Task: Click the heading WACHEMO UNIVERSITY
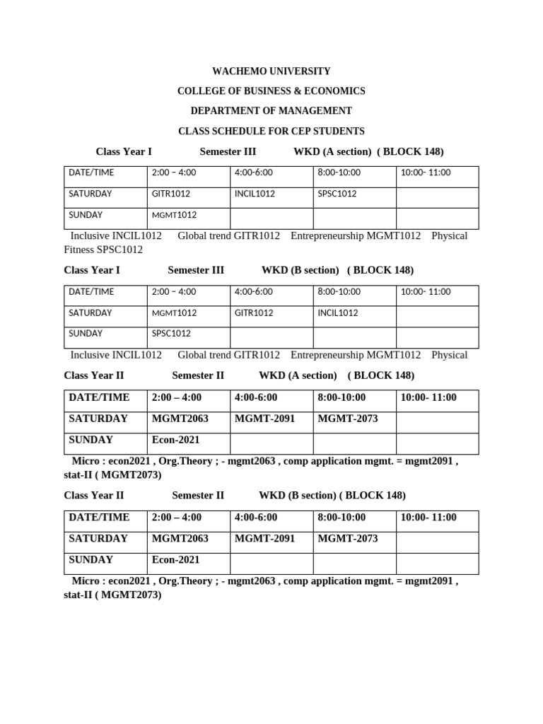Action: click(x=271, y=71)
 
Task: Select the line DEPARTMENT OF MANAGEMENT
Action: click(x=271, y=111)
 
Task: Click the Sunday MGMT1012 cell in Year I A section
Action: click(x=174, y=215)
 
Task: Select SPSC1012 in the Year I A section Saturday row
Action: click(x=337, y=194)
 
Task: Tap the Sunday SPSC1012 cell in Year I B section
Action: click(x=171, y=334)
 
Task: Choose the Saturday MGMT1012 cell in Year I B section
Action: click(x=174, y=313)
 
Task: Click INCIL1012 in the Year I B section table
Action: click(x=338, y=313)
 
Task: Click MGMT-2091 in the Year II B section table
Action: click(x=264, y=538)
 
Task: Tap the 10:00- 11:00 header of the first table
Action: click(x=426, y=173)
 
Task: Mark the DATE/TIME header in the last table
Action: click(x=99, y=517)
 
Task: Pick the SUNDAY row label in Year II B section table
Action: click(x=91, y=559)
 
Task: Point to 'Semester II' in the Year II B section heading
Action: click(x=198, y=495)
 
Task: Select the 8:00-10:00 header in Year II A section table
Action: click(x=341, y=397)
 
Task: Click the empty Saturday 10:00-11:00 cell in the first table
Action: click(x=437, y=194)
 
